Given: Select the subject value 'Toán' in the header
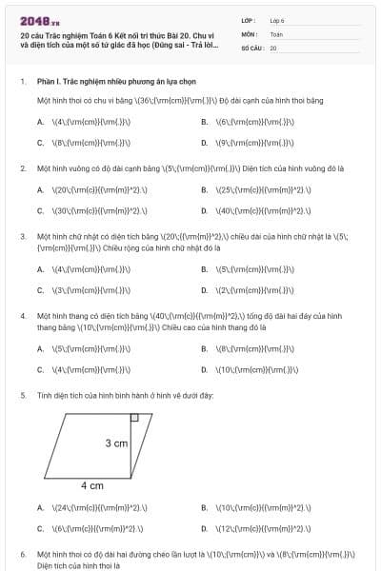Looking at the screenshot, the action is point(276,33).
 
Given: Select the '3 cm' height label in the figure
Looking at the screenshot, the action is point(116,443).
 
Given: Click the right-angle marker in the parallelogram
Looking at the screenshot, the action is point(134,417).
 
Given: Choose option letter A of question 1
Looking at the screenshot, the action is point(41,123).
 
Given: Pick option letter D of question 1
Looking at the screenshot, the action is point(205,143).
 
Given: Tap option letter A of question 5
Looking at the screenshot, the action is point(41,507).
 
